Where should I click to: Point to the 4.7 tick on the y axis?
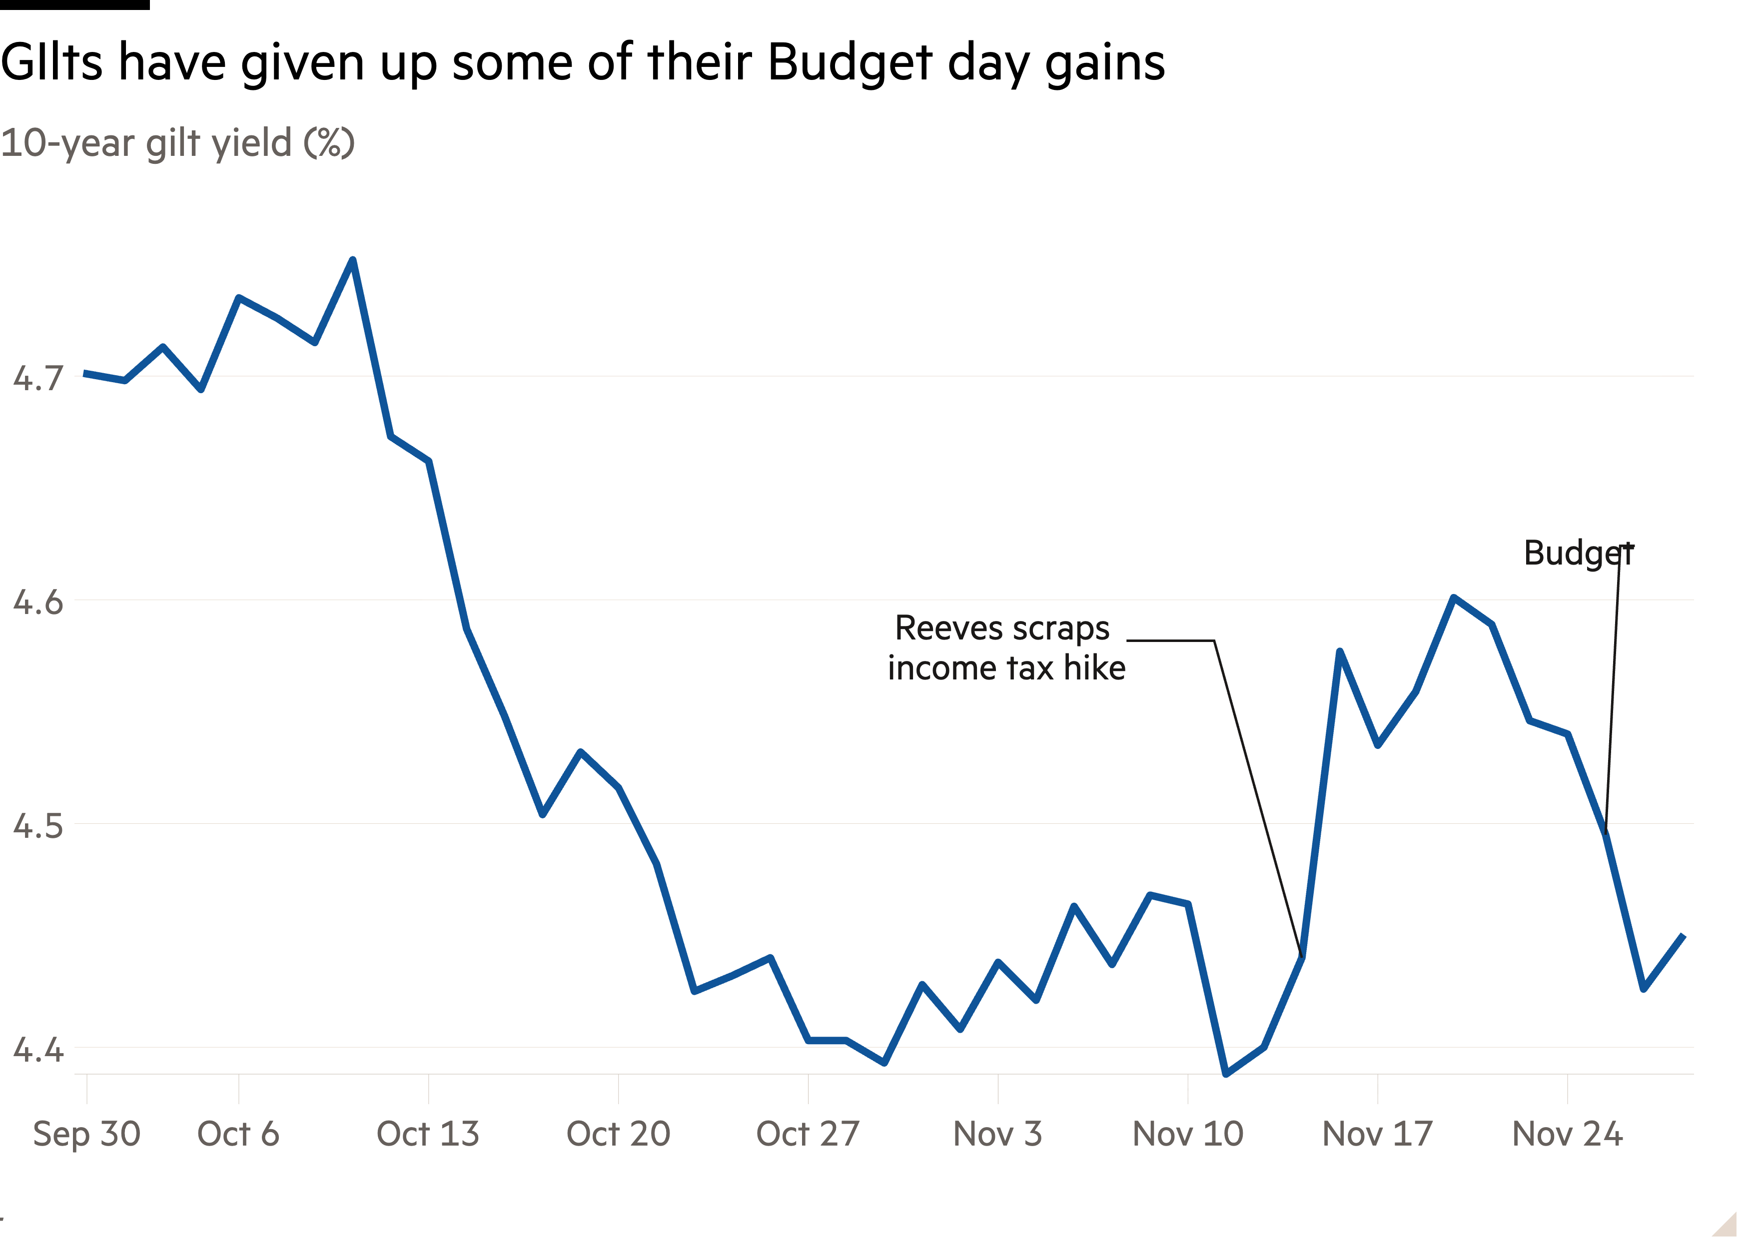coord(37,378)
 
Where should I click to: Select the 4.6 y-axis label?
coord(37,602)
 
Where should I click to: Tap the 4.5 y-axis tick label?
coord(37,825)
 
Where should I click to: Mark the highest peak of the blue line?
coord(352,260)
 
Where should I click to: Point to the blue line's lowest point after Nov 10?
coord(1226,1074)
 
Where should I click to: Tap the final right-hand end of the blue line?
coord(1684,936)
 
